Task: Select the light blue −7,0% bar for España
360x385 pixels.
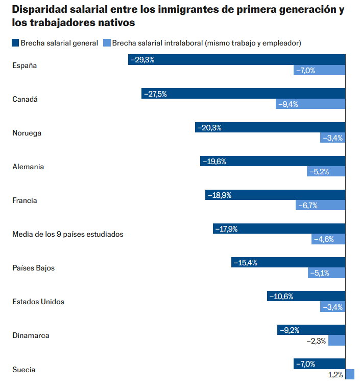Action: pyautogui.click(x=320, y=71)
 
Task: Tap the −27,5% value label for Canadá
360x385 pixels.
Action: pyautogui.click(x=155, y=94)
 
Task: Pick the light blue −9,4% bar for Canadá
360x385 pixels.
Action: pyautogui.click(x=311, y=104)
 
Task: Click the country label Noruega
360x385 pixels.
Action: pyautogui.click(x=27, y=133)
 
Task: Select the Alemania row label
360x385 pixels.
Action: pyautogui.click(x=28, y=167)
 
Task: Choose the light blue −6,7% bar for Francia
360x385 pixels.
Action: pyautogui.click(x=321, y=206)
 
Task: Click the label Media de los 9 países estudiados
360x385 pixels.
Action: pyautogui.click(x=68, y=234)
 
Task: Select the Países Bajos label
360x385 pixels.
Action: pyautogui.click(x=33, y=268)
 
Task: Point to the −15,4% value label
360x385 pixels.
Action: pyautogui.click(x=245, y=263)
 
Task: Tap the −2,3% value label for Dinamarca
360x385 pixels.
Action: pyautogui.click(x=316, y=341)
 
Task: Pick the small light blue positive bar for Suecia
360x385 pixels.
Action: pyautogui.click(x=350, y=374)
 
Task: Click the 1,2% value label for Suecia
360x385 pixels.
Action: pyautogui.click(x=335, y=375)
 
